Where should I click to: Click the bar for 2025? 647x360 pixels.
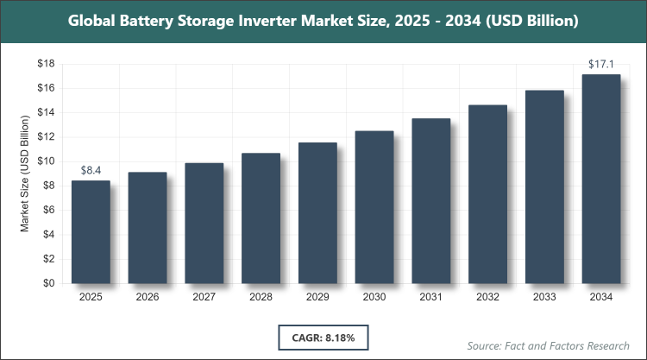pyautogui.click(x=91, y=231)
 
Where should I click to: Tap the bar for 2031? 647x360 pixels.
pyautogui.click(x=431, y=200)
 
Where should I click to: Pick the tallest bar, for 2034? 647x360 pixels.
pyautogui.click(x=601, y=179)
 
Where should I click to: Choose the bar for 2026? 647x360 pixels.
pyautogui.click(x=148, y=227)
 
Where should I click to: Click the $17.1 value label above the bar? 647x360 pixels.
pyautogui.click(x=601, y=64)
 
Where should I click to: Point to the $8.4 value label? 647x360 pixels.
pyautogui.click(x=91, y=170)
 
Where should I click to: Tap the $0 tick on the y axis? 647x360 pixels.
pyautogui.click(x=50, y=283)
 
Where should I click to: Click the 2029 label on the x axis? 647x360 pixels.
pyautogui.click(x=317, y=297)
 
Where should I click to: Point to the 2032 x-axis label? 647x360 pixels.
pyautogui.click(x=488, y=297)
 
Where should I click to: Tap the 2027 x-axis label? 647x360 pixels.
pyautogui.click(x=204, y=297)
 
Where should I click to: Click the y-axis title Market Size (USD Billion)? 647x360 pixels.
pyautogui.click(x=26, y=174)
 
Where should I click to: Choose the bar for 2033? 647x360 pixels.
pyautogui.click(x=544, y=186)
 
